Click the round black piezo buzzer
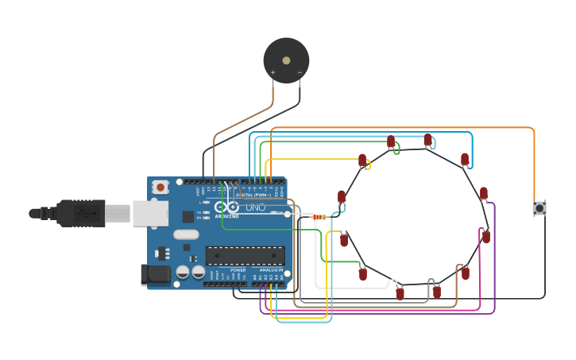click(x=286, y=60)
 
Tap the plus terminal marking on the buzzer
click(x=273, y=72)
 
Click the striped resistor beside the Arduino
click(x=319, y=217)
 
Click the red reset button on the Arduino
click(x=160, y=188)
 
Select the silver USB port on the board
click(x=149, y=213)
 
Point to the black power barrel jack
click(x=154, y=274)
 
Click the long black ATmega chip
click(x=245, y=255)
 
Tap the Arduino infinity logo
click(x=226, y=207)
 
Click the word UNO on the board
click(x=255, y=207)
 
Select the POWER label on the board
click(x=238, y=270)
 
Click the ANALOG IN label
click(x=270, y=270)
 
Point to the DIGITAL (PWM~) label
click(x=254, y=195)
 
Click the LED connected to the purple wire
click(x=483, y=194)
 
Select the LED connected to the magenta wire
click(x=485, y=236)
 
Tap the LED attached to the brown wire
click(x=465, y=273)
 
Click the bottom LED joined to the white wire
click(x=400, y=292)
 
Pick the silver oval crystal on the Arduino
click(x=186, y=234)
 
